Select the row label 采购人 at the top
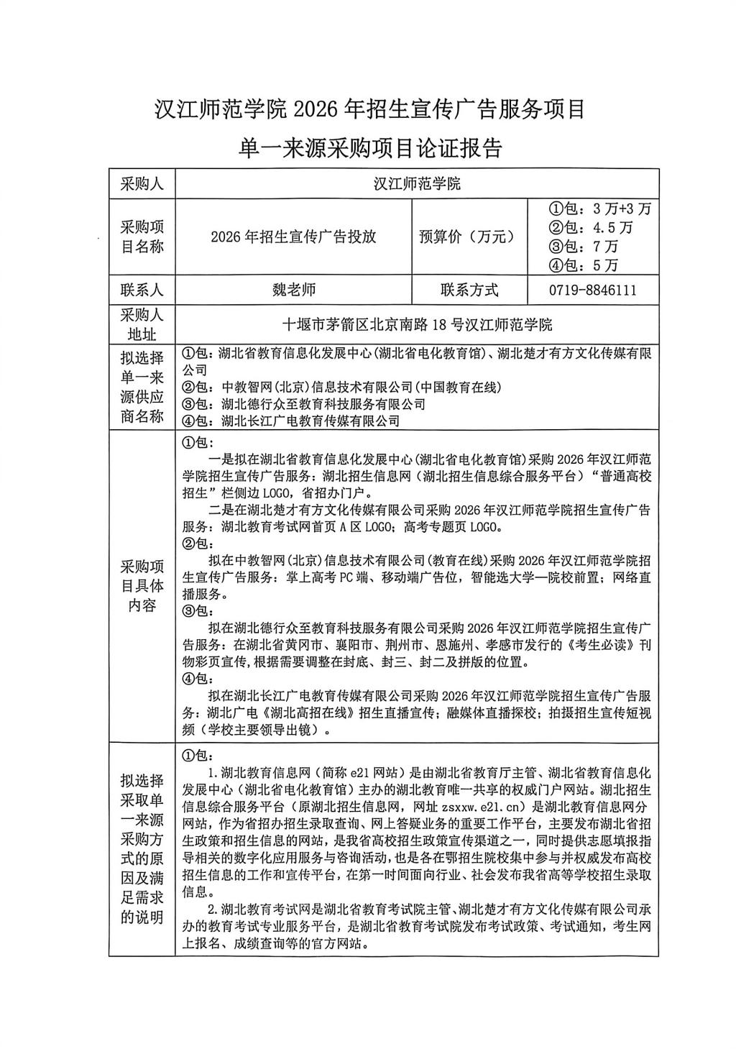tap(142, 184)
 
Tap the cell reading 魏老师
tap(293, 290)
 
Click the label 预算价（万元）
tap(468, 237)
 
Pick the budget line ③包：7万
tap(583, 247)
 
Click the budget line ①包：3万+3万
tap(599, 209)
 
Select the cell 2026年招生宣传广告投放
tap(293, 237)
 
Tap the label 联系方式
tap(469, 290)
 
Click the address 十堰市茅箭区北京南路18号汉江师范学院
tap(418, 324)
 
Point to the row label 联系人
tap(142, 290)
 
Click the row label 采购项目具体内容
tap(142, 585)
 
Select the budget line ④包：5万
tap(583, 265)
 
